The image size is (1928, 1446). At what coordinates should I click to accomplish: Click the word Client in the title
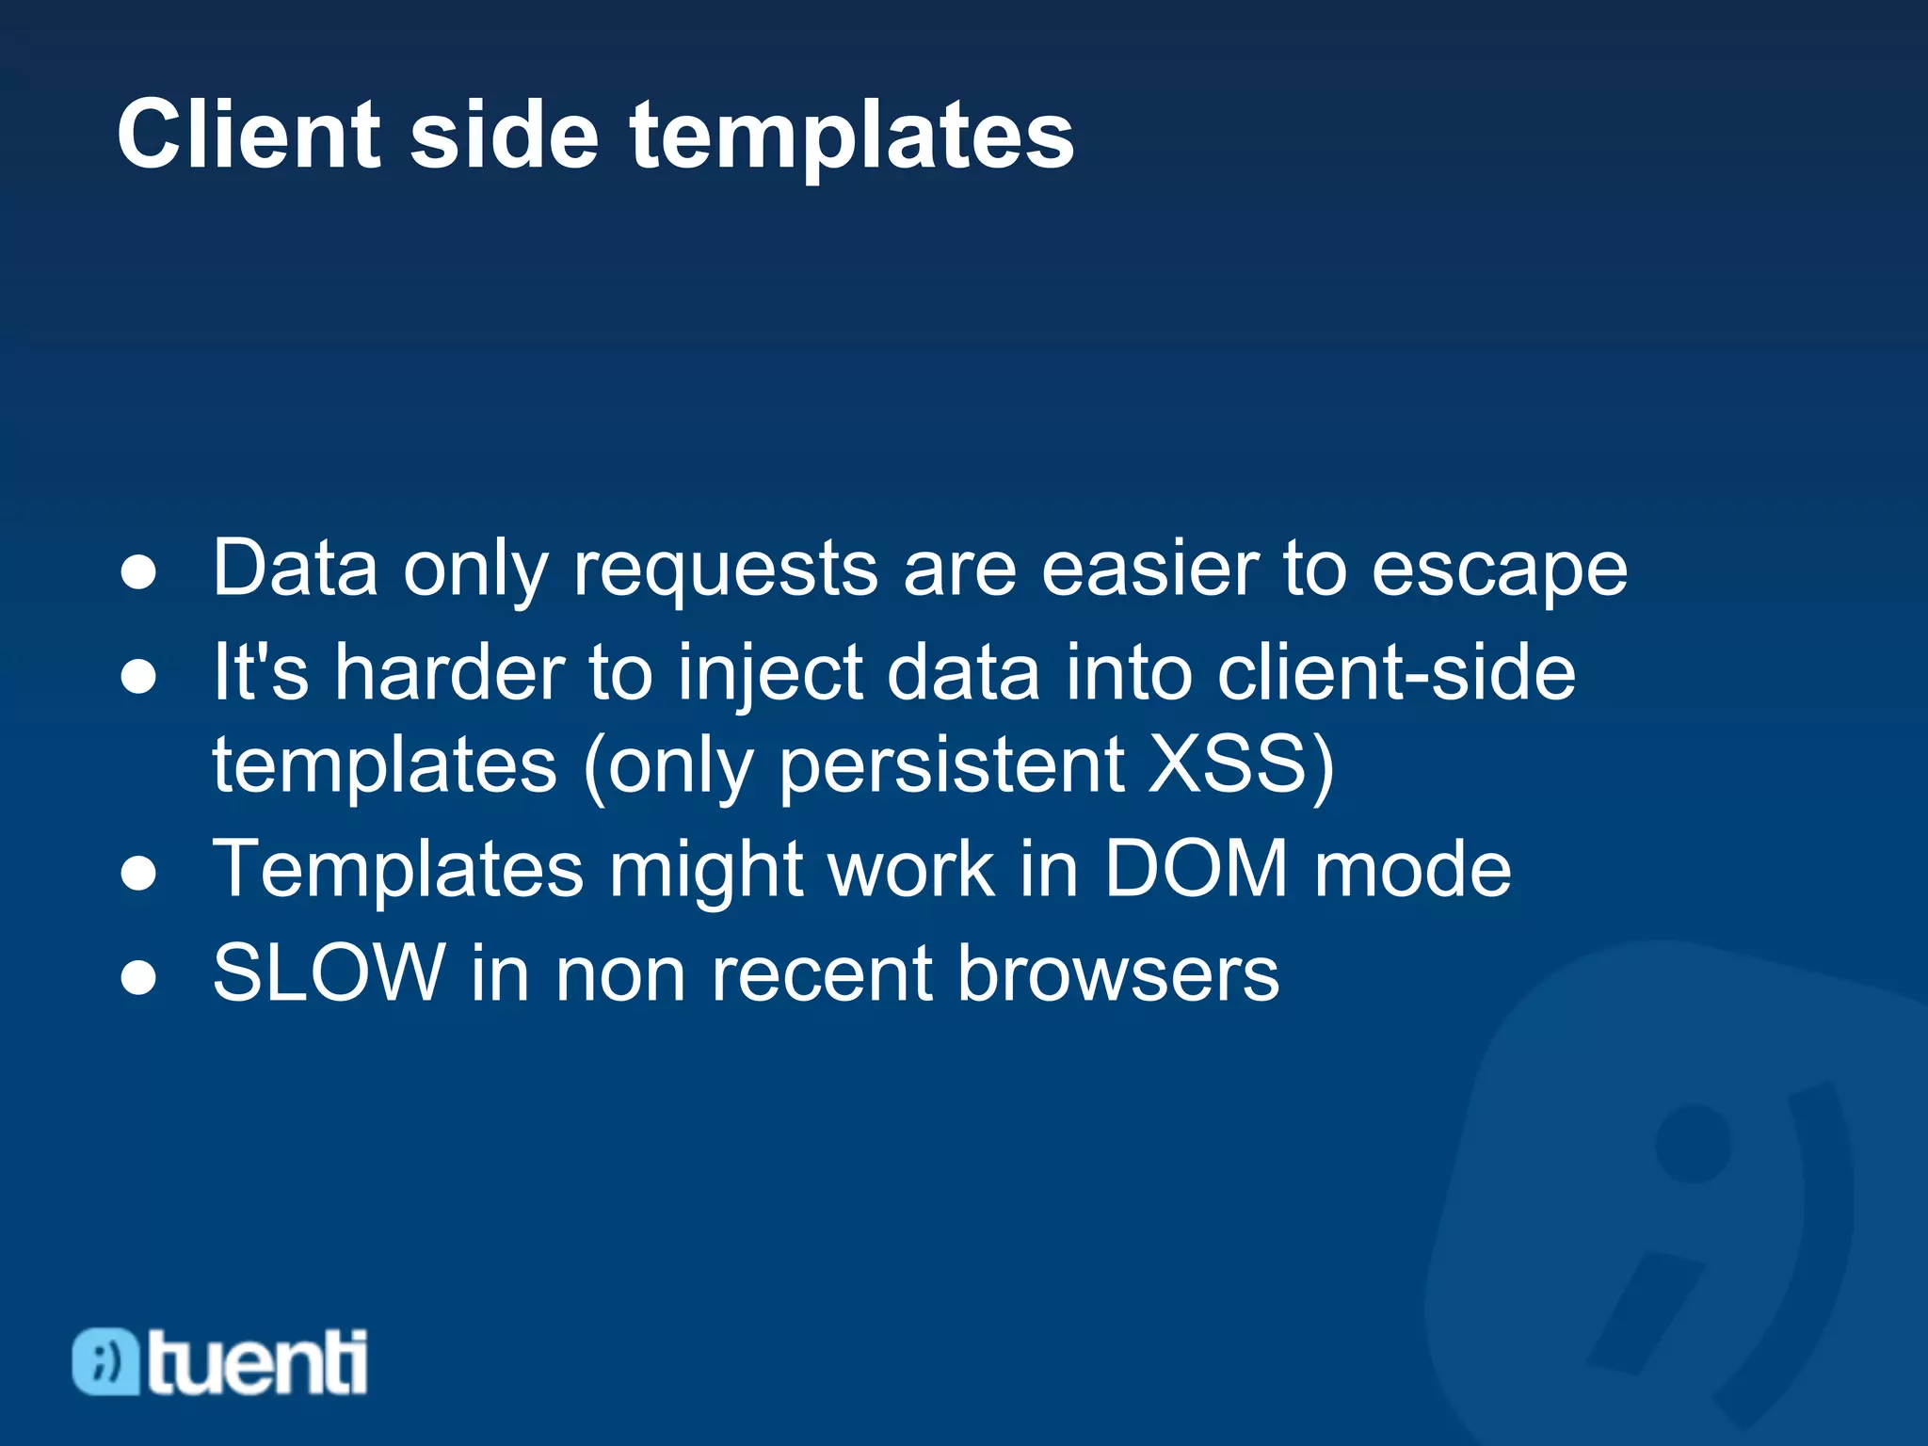(249, 136)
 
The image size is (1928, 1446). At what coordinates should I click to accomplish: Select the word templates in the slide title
(852, 137)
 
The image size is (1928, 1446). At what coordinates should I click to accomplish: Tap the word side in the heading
(504, 136)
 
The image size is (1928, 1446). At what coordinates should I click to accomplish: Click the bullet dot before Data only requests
(139, 571)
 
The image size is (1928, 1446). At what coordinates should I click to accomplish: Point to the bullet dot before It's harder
(139, 676)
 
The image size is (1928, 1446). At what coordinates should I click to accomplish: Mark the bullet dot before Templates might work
(139, 873)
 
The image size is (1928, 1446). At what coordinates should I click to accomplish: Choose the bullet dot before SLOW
(139, 977)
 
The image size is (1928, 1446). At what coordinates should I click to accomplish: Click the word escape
(1499, 570)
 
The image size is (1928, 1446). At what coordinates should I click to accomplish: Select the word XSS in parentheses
(1229, 763)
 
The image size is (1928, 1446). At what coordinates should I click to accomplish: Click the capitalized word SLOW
(329, 973)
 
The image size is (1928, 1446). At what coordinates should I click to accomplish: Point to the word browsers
(1117, 973)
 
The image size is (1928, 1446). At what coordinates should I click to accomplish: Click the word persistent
(952, 763)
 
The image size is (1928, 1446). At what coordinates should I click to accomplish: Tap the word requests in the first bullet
(726, 570)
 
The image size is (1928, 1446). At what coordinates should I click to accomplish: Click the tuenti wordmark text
(257, 1363)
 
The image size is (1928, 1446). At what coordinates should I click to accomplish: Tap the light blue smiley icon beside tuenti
(106, 1361)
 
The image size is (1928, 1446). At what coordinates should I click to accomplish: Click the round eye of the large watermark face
(1693, 1143)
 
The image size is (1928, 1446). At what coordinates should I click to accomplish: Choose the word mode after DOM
(1412, 869)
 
